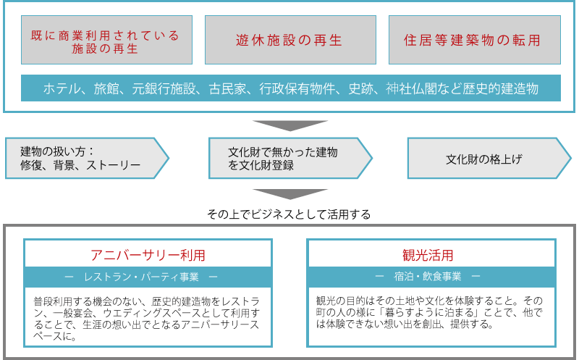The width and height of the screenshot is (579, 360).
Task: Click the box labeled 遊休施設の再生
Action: pos(290,40)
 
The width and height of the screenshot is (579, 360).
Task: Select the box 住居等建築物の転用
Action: pos(475,40)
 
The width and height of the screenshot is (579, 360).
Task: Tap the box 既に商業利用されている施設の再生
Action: pos(106,40)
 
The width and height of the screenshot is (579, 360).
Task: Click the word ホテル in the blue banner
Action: pos(62,88)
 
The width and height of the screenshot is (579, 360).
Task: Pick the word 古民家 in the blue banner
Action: pos(227,88)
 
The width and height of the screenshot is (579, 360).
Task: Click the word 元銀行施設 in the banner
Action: pos(164,88)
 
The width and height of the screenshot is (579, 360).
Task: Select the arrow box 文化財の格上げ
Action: pos(489,158)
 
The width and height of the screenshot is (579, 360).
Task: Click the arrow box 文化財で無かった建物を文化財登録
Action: pos(291,158)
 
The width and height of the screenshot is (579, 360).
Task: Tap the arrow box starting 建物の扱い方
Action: pos(87,158)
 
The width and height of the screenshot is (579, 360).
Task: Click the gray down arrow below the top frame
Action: pos(290,125)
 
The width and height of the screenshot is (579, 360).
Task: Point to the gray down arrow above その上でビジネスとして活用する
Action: pos(290,194)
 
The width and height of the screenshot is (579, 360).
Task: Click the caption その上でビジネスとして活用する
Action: pos(289,214)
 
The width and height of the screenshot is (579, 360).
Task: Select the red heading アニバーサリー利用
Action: pos(148,255)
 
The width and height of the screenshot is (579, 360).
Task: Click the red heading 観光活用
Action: pos(428,255)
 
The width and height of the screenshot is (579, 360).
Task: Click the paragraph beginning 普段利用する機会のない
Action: pos(147,319)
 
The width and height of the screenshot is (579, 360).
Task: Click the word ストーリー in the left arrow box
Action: pos(113,165)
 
